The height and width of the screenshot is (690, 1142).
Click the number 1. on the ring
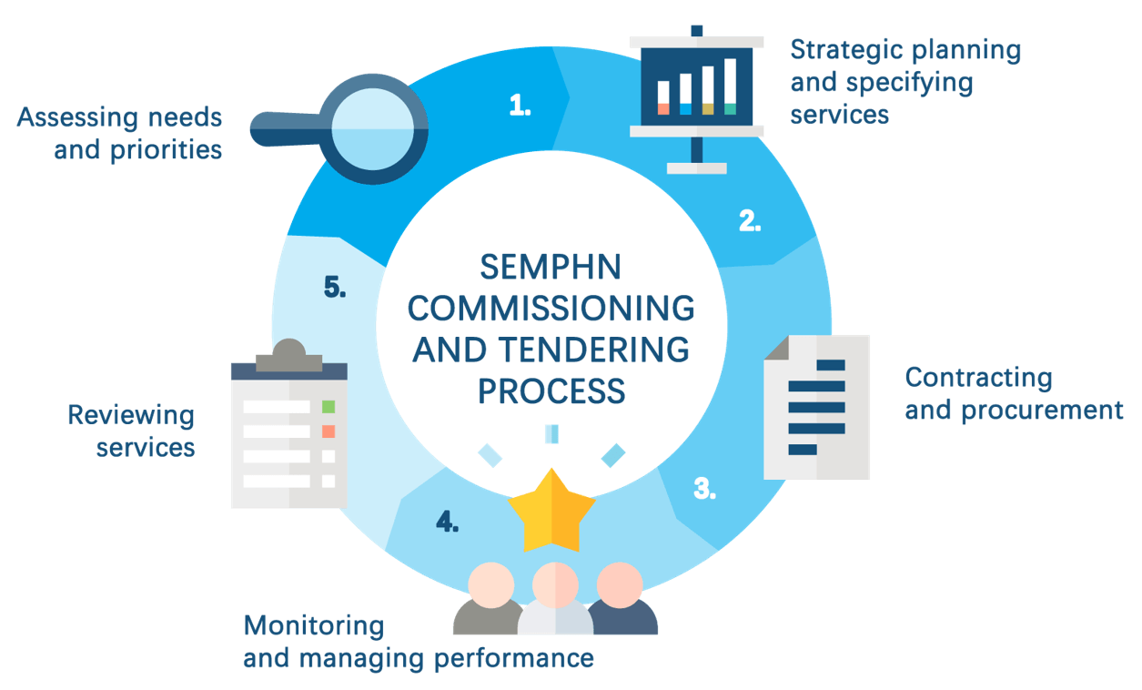(x=520, y=106)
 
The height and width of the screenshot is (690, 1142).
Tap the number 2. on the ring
(x=749, y=220)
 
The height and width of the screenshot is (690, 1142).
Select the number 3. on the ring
(x=703, y=488)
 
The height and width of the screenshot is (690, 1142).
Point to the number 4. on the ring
(x=446, y=522)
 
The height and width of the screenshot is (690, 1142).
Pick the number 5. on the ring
(x=334, y=288)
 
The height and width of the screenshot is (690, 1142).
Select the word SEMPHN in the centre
(x=551, y=267)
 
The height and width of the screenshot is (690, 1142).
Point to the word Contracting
(x=978, y=377)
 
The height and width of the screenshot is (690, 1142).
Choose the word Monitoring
(x=314, y=625)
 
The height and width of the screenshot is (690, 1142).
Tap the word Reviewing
(x=131, y=416)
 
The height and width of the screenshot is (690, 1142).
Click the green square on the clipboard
(x=328, y=406)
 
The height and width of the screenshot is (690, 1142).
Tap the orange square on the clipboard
(x=328, y=431)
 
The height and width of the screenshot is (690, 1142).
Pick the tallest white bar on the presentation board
(x=730, y=86)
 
